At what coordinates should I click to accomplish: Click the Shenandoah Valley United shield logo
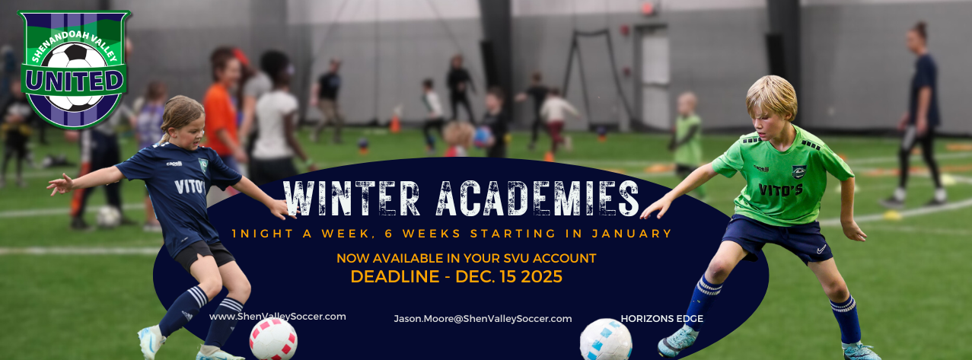74,69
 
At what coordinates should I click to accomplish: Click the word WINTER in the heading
352,198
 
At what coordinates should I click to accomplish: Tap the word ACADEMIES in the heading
537,198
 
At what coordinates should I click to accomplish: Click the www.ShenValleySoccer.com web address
278,317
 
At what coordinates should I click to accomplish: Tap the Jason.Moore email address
483,319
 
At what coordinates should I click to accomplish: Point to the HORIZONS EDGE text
661,319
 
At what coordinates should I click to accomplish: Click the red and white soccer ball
273,339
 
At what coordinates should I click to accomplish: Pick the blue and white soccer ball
606,340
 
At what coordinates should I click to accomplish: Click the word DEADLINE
395,277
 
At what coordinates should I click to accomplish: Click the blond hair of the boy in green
773,97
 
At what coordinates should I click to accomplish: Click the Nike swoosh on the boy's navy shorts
821,249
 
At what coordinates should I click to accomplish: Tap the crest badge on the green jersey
799,172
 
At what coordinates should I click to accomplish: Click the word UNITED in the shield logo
74,81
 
